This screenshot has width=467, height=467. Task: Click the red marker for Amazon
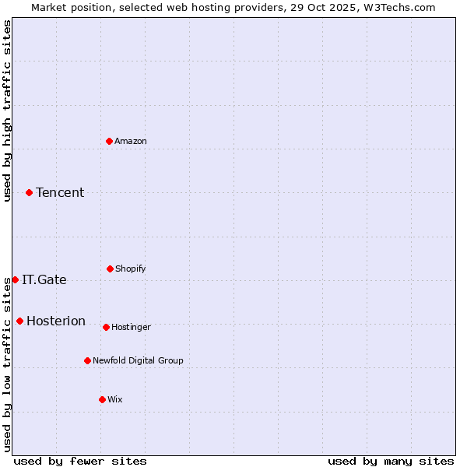[x=110, y=141]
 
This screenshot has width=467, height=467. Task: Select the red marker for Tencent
[x=30, y=192]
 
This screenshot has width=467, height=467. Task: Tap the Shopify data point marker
[x=110, y=269]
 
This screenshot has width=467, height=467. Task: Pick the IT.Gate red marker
[x=15, y=279]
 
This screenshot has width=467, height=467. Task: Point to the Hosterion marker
[x=19, y=321]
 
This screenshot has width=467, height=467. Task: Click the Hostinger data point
[x=106, y=327]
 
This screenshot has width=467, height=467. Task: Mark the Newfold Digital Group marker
[x=87, y=360]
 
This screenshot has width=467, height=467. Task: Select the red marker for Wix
[x=102, y=399]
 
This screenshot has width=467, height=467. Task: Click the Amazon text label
[x=131, y=141]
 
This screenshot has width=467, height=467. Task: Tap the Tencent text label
[x=60, y=192]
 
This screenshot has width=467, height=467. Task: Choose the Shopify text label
[x=131, y=269]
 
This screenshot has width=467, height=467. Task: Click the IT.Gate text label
[x=44, y=279]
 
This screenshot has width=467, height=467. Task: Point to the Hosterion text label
[x=56, y=321]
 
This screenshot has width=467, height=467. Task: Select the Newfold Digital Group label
[x=139, y=360]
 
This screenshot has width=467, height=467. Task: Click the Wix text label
[x=115, y=399]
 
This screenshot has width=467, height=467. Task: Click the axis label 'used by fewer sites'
[x=80, y=461]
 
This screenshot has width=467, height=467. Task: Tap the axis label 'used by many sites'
[x=391, y=461]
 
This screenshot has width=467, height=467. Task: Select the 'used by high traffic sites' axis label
[x=7, y=111]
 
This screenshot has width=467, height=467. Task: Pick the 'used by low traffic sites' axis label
[x=7, y=363]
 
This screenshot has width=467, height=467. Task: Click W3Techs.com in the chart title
[x=397, y=7]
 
